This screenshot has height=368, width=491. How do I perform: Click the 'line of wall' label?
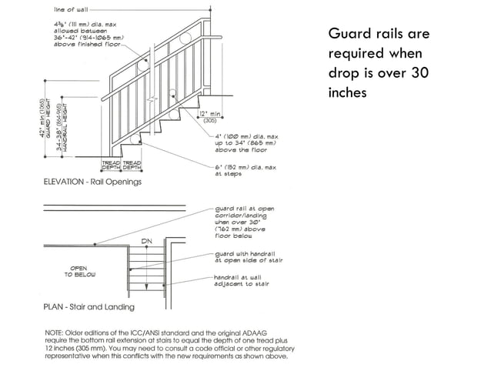(69, 10)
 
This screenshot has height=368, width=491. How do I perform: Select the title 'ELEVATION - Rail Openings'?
(92, 182)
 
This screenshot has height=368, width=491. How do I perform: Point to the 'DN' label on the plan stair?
(146, 241)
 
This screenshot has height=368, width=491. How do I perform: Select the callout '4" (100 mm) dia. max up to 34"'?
(245, 143)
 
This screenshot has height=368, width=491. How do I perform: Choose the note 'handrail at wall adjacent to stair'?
(247, 279)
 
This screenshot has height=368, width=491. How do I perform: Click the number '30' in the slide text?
(419, 74)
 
